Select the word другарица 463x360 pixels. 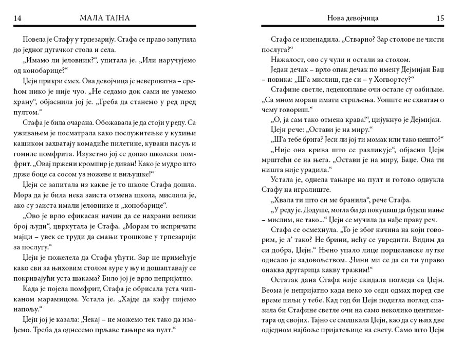pyautogui.click(x=309, y=269)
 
